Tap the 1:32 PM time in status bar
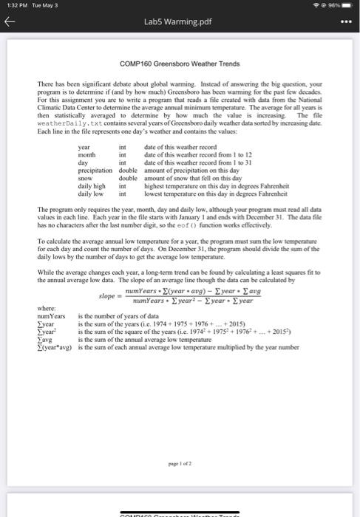14,6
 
